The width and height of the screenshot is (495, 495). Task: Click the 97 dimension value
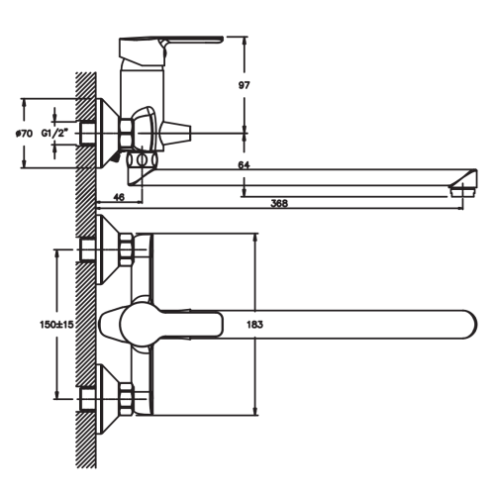245,85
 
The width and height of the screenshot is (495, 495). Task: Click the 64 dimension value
244,164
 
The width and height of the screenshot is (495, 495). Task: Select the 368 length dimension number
279,203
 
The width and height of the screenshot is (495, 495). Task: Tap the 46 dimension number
119,197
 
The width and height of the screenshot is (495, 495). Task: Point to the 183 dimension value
254,325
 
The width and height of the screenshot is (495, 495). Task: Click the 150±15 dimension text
56,325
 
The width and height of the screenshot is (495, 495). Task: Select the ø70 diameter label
25,134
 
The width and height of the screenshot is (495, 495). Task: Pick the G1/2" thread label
54,134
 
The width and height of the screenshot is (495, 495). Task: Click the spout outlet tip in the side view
463,191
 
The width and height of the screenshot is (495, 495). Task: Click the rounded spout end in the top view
468,325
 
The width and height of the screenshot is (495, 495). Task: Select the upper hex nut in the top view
127,249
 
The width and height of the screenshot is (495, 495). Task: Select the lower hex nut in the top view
127,399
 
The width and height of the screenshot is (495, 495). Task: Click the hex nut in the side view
127,133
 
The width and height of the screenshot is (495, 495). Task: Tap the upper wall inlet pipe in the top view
87,249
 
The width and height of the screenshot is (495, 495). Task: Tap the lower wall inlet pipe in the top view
87,399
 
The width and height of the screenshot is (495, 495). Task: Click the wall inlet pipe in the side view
87,133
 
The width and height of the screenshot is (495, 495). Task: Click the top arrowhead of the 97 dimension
245,42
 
